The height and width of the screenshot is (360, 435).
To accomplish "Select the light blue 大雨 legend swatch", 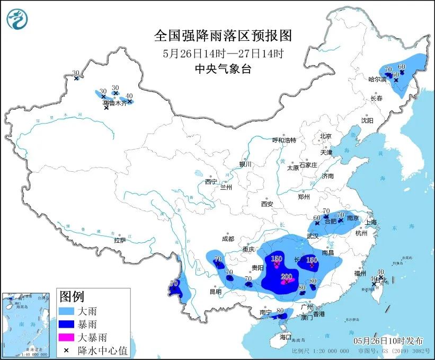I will [69, 310].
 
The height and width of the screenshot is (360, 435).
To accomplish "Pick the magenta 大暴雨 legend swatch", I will [69, 337].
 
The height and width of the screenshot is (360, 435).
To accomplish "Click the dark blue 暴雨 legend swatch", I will [69, 323].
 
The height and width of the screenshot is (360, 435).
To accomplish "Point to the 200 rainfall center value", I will [287, 276].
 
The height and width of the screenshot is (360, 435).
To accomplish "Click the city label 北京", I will [325, 136].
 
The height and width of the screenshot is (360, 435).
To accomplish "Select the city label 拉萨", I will [120, 240].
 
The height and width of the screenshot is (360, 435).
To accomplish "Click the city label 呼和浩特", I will [284, 140].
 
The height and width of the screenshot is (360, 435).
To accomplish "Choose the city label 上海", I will [371, 222].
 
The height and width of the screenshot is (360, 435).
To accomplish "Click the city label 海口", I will [286, 337].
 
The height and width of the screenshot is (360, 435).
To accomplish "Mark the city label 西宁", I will [211, 182].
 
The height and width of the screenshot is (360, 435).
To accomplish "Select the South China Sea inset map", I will [27, 323].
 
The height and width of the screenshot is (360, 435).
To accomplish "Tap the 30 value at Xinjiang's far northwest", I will [76, 73].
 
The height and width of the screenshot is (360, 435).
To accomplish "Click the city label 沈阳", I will [367, 120].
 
